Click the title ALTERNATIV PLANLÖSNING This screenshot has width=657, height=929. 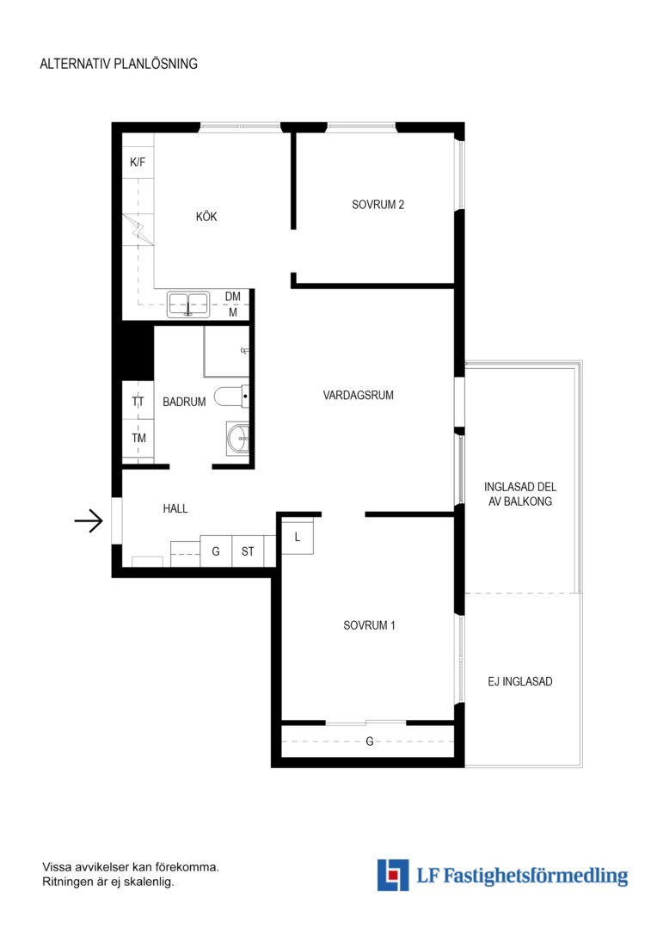(x=119, y=64)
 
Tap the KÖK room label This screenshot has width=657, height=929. (x=206, y=216)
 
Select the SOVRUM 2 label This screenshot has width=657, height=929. (x=378, y=205)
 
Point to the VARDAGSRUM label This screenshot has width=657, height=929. (x=358, y=395)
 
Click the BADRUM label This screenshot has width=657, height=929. (x=184, y=402)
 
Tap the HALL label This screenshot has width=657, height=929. (x=175, y=508)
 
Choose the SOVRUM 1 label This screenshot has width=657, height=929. (x=369, y=625)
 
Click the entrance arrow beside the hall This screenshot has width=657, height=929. (x=89, y=520)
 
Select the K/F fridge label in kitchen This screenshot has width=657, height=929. (x=138, y=162)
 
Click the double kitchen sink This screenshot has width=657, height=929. (x=188, y=305)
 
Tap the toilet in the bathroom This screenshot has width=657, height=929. (x=231, y=397)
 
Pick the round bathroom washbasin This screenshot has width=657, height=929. (x=239, y=439)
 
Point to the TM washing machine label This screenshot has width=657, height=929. (x=138, y=438)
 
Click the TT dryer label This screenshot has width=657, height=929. (x=138, y=402)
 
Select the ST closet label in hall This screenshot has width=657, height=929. (x=248, y=551)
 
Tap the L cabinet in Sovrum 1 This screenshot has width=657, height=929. (x=298, y=537)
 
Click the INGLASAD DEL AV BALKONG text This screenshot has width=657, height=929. (x=520, y=494)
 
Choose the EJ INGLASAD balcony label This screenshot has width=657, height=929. (x=520, y=681)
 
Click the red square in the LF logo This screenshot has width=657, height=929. (x=391, y=874)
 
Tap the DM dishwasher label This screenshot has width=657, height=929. (x=233, y=296)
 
